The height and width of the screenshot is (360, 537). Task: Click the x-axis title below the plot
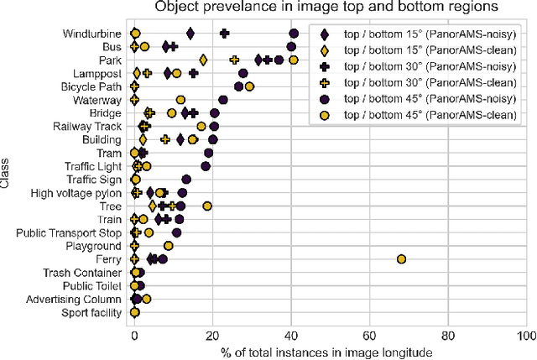click(326, 352)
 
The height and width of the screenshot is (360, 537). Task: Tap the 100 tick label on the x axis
click(525, 334)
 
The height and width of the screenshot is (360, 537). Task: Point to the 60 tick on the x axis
click(369, 334)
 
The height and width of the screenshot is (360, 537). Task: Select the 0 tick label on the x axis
click(134, 334)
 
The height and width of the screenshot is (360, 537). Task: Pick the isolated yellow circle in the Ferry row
click(401, 259)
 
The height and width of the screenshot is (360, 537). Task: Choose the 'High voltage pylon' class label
click(76, 193)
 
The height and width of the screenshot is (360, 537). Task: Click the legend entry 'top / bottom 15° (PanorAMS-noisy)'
click(425, 34)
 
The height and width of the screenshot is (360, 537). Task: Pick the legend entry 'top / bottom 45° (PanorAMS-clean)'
click(425, 114)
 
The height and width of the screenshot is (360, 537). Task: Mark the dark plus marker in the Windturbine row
click(224, 34)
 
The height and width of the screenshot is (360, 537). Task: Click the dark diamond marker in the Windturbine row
click(190, 34)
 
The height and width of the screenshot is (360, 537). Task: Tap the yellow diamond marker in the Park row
click(203, 60)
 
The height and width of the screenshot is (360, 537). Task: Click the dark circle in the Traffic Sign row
click(186, 180)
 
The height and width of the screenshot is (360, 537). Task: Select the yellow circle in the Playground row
click(169, 246)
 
